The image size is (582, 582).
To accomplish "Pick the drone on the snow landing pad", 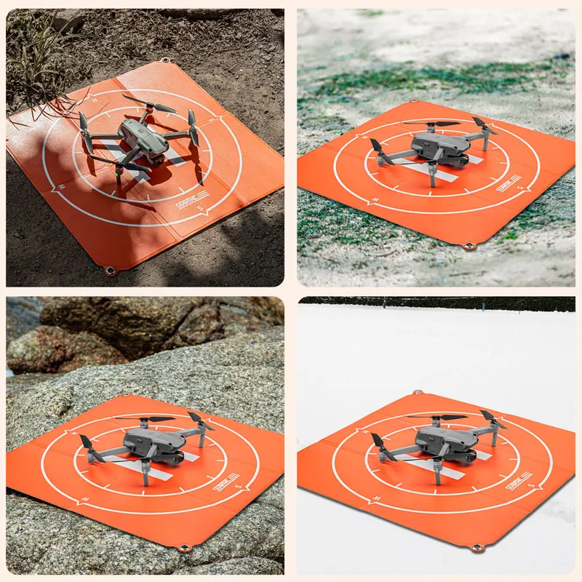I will tap(441, 444).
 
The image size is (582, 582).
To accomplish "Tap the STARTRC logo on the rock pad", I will tap(225, 481).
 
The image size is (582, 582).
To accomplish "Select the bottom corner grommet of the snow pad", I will tap(477, 547).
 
